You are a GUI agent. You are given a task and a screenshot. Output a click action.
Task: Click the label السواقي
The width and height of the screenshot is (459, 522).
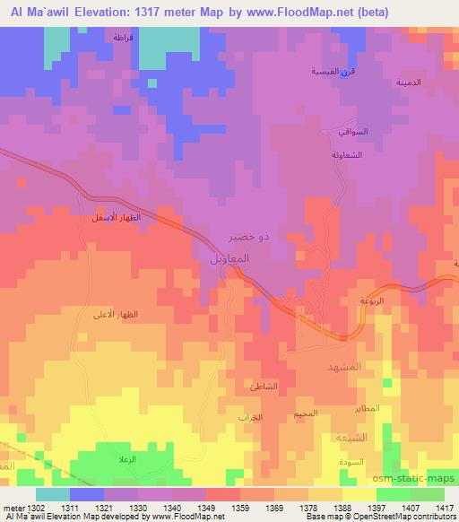click(338, 131)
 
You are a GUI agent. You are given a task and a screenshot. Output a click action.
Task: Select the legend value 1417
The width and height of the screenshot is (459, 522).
click(442, 506)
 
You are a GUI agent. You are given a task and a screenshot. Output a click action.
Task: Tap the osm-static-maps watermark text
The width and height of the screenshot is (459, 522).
click(418, 481)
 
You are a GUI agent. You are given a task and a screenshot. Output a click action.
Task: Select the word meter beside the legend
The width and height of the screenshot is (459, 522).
click(13, 506)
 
